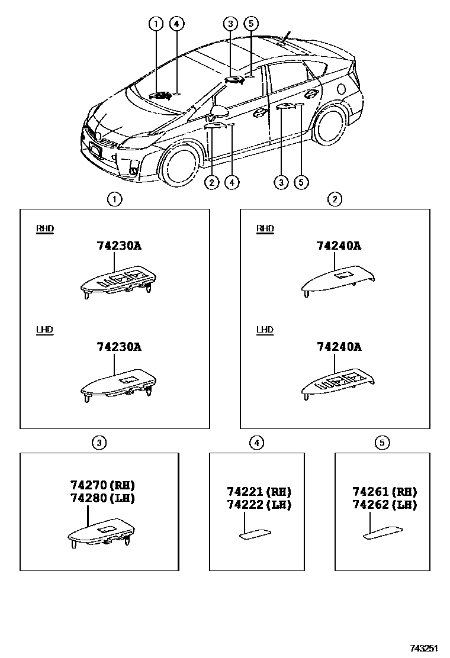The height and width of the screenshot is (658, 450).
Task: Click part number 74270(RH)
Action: coord(102,485)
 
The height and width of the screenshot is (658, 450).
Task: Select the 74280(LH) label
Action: coord(102,498)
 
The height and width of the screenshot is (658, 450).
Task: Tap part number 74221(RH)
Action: coord(259,492)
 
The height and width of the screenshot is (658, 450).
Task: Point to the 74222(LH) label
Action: coord(259,505)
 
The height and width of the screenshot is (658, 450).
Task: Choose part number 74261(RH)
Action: coord(385,492)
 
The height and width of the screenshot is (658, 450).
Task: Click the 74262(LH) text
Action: coord(385,505)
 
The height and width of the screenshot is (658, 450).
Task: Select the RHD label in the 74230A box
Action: coord(45,229)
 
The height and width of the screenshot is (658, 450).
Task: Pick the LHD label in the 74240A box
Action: coord(265,330)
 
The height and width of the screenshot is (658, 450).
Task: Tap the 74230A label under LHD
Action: coord(119,347)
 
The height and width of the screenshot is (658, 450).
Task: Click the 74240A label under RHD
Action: coord(339,246)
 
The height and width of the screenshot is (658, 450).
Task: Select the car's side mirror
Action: coord(219,111)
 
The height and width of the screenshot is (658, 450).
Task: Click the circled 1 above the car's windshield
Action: coord(156,24)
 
